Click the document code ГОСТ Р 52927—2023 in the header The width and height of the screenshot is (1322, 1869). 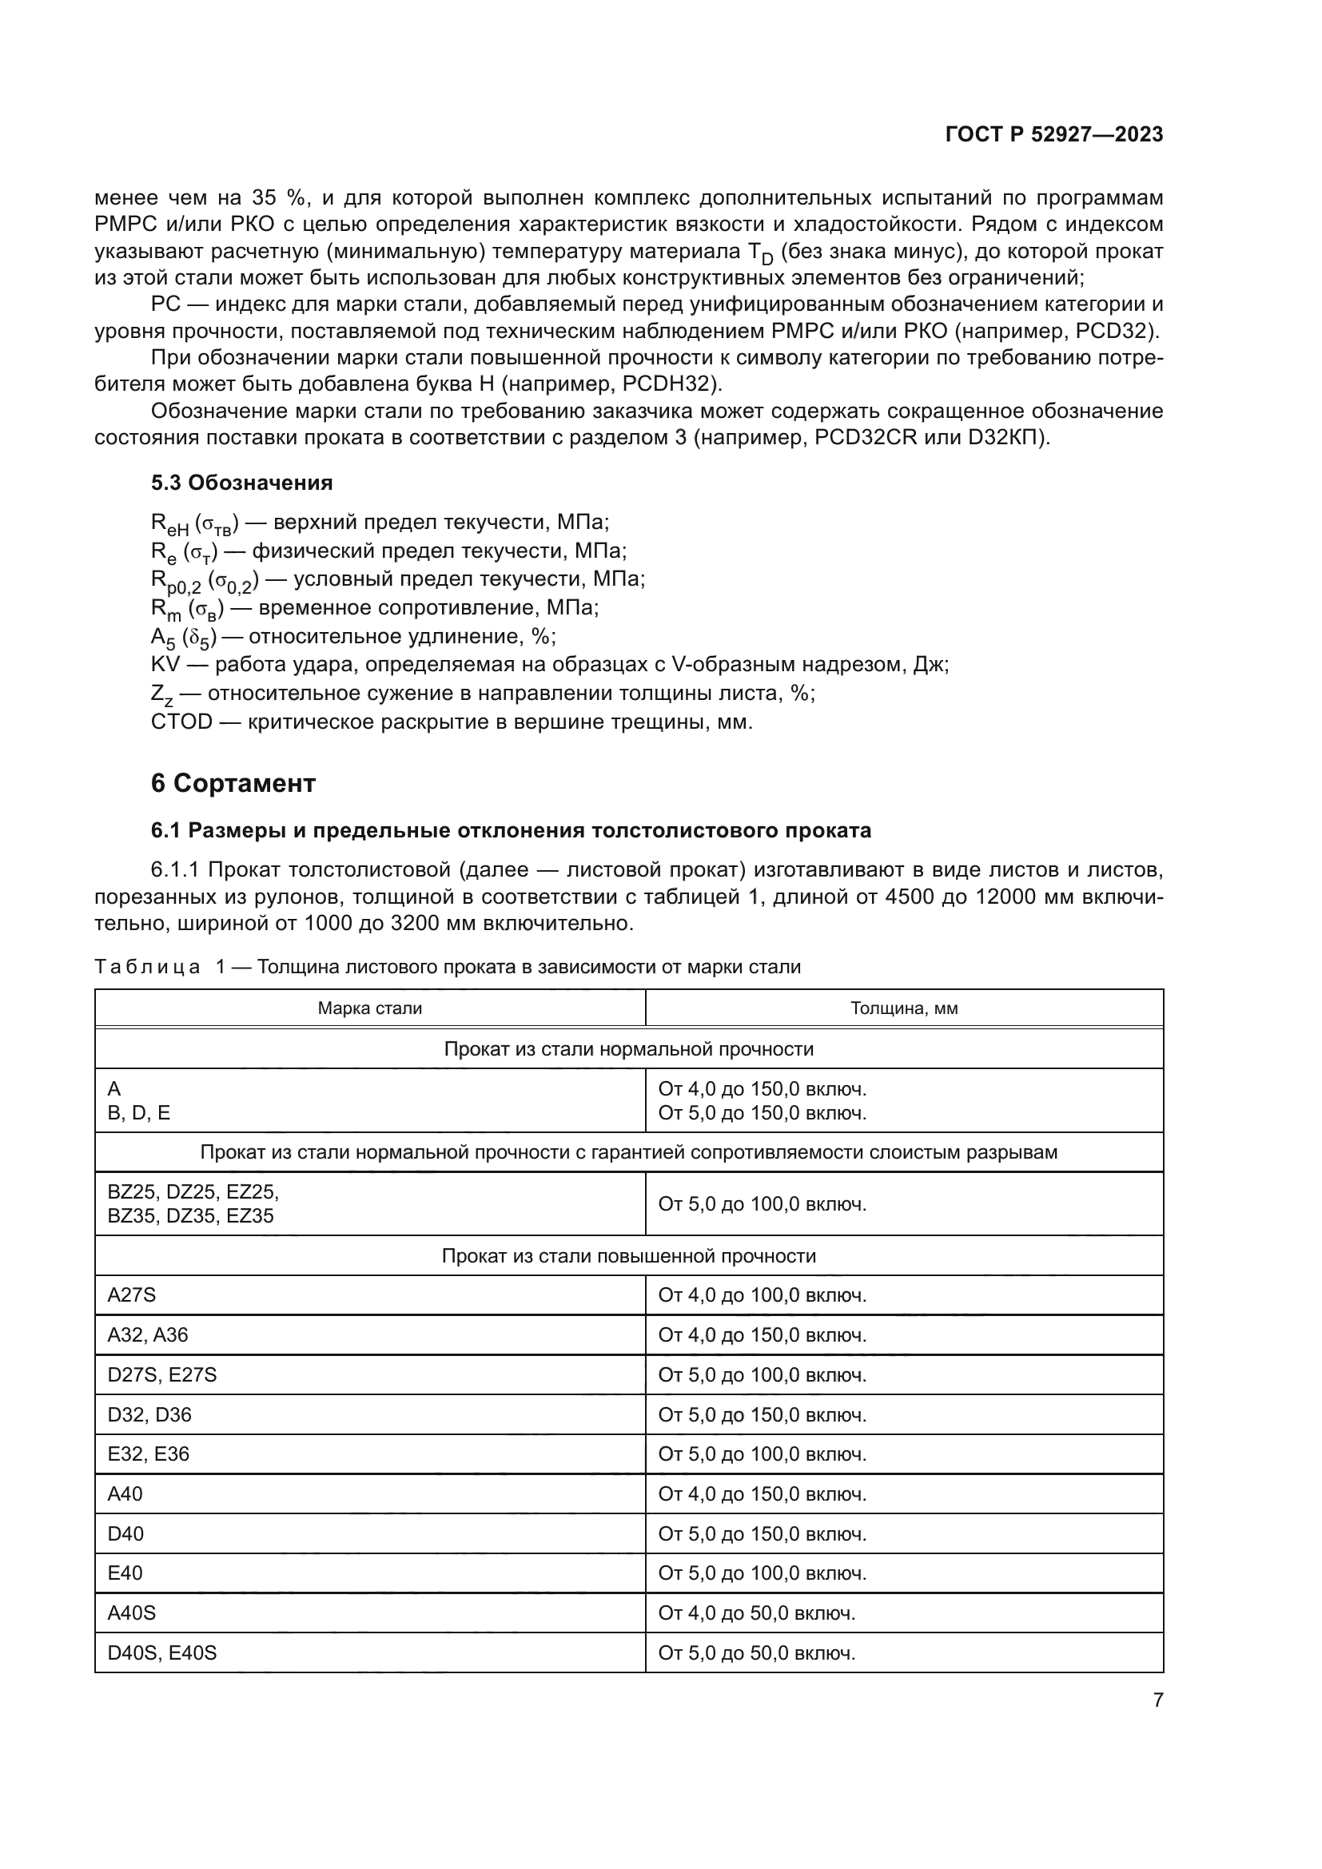click(1053, 135)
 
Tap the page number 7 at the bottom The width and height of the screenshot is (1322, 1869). click(1157, 1700)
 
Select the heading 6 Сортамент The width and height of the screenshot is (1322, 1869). click(233, 783)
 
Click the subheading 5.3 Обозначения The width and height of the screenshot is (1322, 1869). click(241, 483)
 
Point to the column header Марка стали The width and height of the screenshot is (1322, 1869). click(369, 1008)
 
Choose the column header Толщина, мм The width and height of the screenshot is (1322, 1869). click(904, 1008)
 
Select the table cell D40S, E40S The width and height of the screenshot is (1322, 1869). click(162, 1652)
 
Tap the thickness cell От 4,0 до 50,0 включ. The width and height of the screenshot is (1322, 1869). click(756, 1613)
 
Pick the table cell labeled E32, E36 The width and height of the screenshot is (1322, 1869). click(148, 1453)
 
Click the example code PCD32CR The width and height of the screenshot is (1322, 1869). click(866, 437)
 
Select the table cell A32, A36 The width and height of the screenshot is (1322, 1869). click(147, 1334)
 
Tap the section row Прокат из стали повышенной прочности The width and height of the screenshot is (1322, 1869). click(628, 1255)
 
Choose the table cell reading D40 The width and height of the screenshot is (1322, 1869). click(125, 1533)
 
